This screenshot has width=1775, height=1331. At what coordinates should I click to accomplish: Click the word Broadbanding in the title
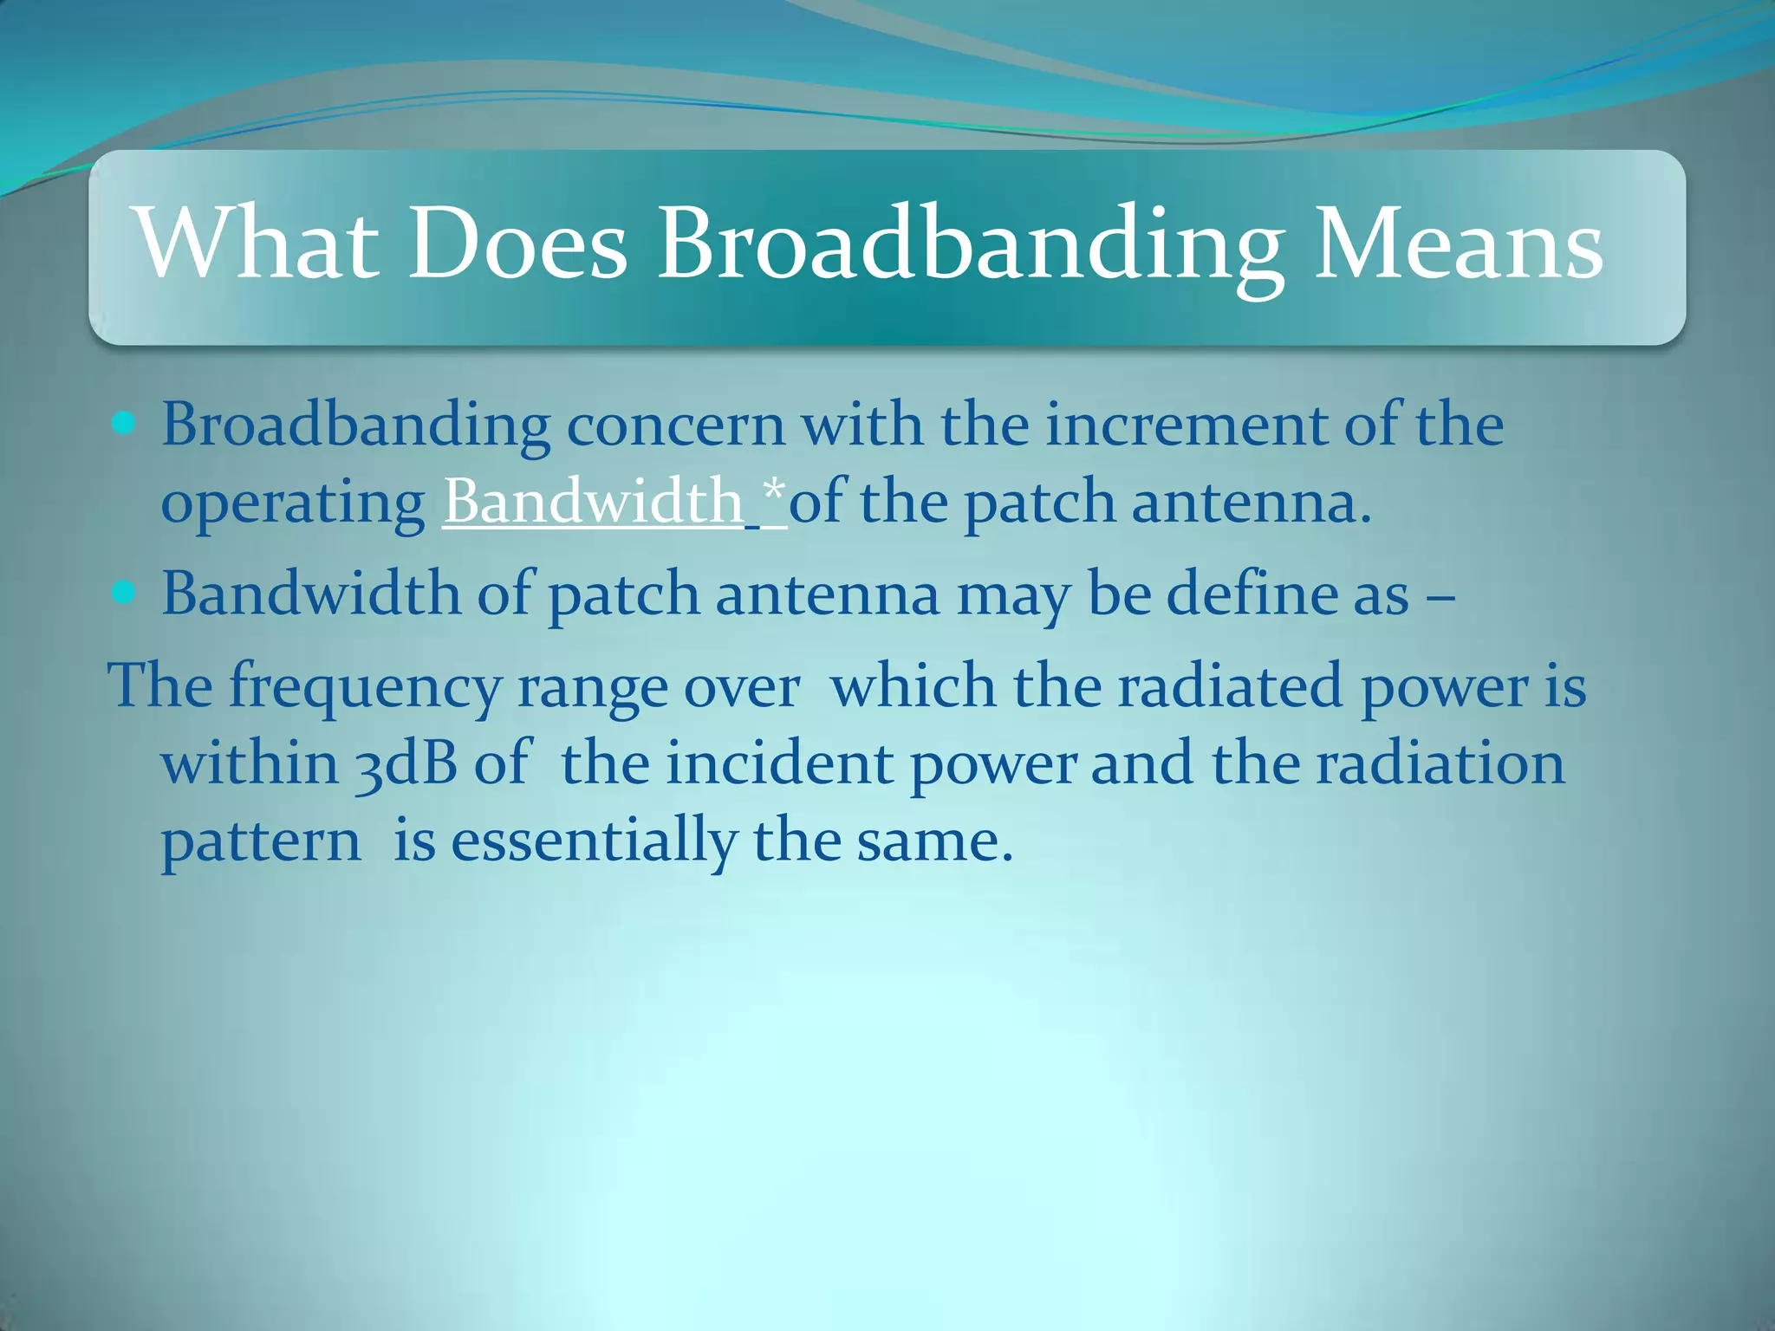971,247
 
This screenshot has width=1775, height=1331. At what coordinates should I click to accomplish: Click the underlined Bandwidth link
593,502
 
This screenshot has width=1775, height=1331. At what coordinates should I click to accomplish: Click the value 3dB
406,764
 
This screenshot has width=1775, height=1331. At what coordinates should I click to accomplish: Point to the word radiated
1229,686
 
